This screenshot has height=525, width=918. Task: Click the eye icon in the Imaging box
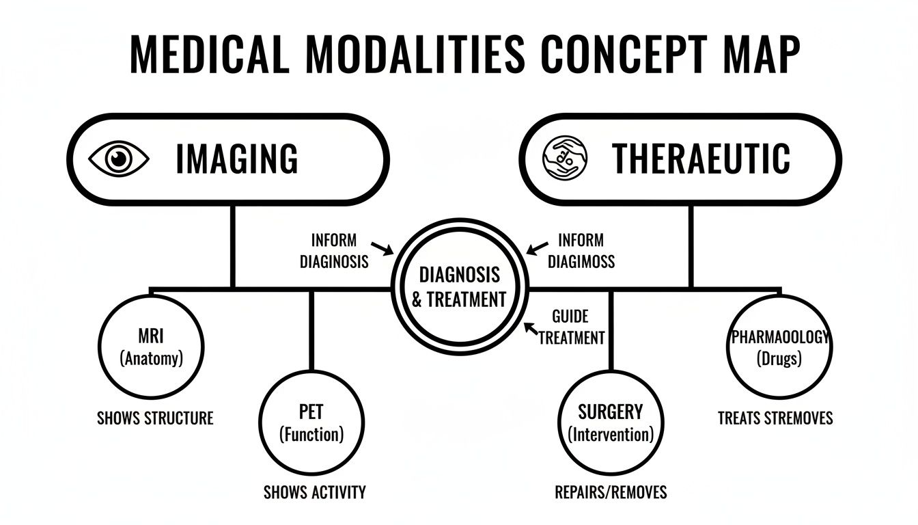coord(119,159)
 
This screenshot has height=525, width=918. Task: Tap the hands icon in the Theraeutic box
coord(564,159)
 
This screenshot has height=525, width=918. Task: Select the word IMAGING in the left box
coord(237,159)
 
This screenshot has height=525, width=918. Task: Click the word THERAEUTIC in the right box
coord(701,159)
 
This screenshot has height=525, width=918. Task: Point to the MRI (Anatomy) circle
coord(151,347)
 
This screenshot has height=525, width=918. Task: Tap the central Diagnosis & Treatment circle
coord(459,287)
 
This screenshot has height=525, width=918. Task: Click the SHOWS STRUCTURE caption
coord(155,418)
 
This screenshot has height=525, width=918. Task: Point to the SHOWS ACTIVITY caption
coord(314,492)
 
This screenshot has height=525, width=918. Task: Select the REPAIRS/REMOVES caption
coord(611,492)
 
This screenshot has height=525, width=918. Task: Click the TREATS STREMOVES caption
coord(775,418)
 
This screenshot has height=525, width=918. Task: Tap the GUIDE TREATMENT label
coord(571,327)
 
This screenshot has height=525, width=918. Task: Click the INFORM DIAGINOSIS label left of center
coord(334,251)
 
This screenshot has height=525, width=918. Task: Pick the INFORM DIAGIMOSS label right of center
coord(581,251)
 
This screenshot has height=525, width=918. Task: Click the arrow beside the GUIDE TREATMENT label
coord(529,328)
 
